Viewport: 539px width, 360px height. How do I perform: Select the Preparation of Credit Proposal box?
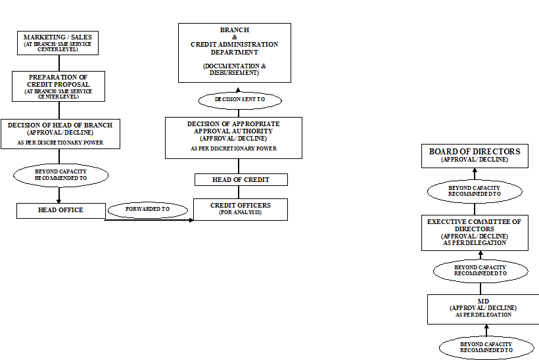tap(58, 86)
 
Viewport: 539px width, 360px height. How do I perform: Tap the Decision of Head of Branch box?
tap(60, 134)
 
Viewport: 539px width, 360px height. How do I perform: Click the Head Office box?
tap(60, 210)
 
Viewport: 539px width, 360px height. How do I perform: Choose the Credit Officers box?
tap(240, 209)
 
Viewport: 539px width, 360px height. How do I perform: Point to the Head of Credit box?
tap(241, 179)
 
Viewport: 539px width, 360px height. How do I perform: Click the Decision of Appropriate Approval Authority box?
tap(233, 137)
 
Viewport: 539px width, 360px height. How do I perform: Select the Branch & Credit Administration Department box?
tap(234, 53)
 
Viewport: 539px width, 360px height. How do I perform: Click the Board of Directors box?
tap(474, 156)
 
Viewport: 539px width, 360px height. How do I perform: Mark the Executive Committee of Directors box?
tap(474, 233)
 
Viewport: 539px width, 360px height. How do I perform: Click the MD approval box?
tap(482, 309)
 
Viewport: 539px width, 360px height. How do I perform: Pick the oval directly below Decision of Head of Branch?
tap(60, 175)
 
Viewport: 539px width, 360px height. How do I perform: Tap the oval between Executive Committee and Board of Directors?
tap(475, 191)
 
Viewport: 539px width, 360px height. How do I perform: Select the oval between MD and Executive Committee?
tap(480, 271)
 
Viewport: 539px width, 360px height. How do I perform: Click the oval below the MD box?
tap(486, 348)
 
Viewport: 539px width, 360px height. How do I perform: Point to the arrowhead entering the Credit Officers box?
tap(191, 220)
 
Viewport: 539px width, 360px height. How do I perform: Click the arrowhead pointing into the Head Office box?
tap(60, 201)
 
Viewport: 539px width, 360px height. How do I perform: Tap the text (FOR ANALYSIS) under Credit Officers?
tap(240, 213)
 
